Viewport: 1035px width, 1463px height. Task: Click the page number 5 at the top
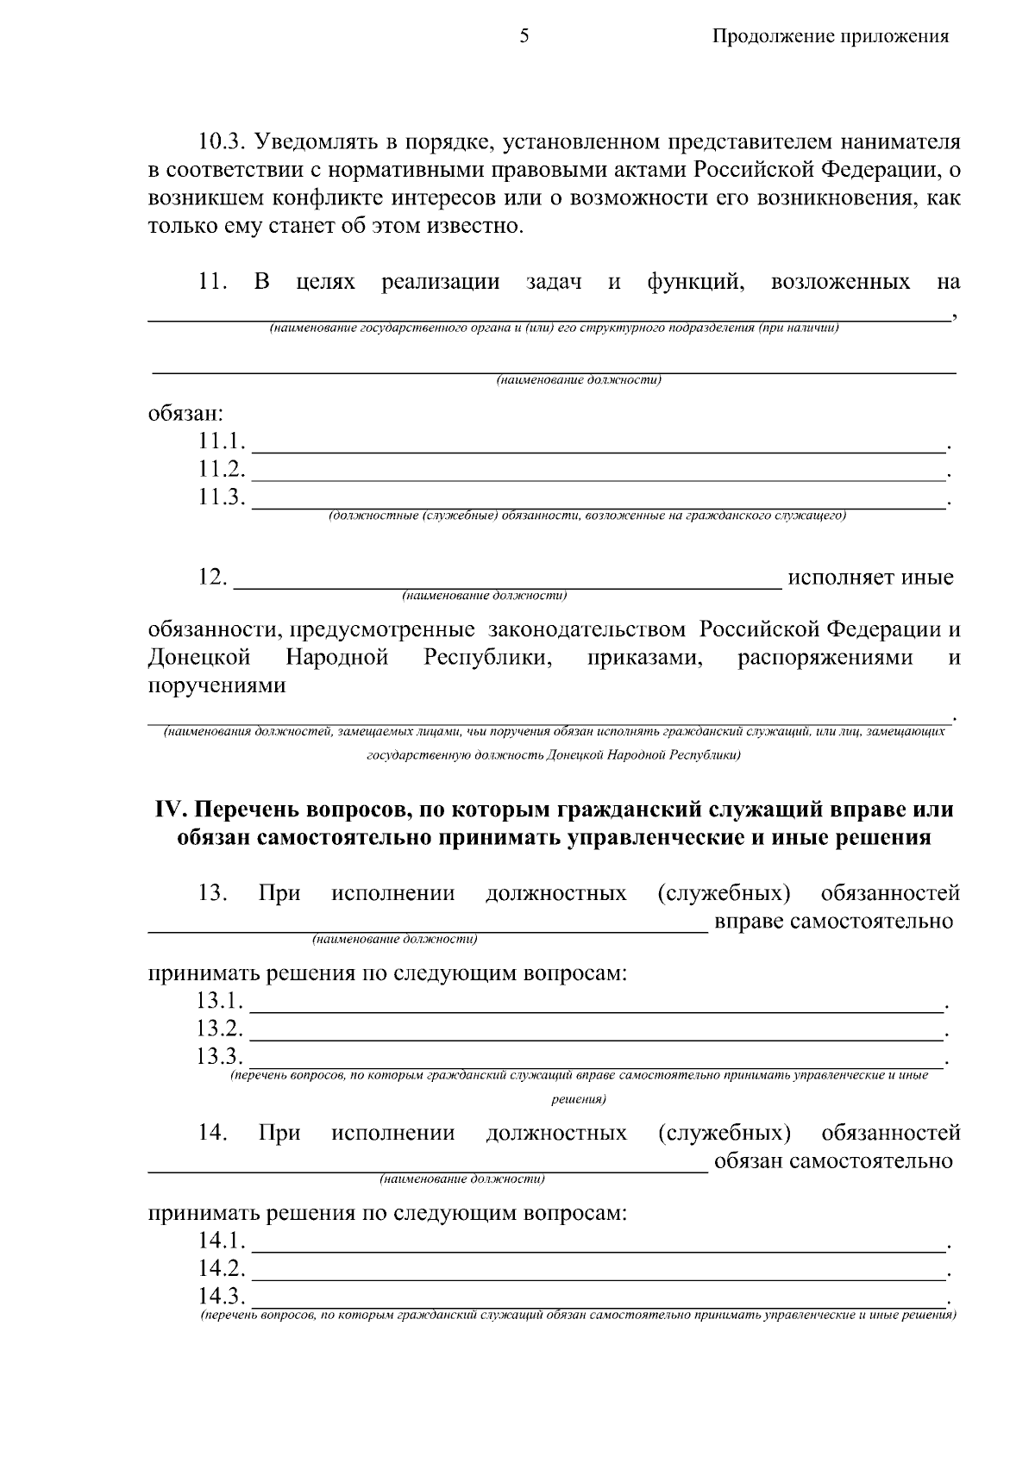524,36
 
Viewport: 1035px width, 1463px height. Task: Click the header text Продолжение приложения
830,36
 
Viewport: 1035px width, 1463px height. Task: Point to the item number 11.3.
222,498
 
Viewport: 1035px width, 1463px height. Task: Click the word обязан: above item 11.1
185,414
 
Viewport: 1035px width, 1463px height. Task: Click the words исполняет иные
869,577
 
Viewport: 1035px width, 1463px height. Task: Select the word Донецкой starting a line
199,658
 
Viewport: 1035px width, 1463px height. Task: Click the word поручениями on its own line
216,686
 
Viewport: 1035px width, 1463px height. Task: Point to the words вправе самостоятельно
833,922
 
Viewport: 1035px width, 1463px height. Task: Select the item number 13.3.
220,1056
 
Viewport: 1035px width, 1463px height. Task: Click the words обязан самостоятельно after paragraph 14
833,1161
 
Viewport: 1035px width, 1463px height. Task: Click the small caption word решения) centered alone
578,1099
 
